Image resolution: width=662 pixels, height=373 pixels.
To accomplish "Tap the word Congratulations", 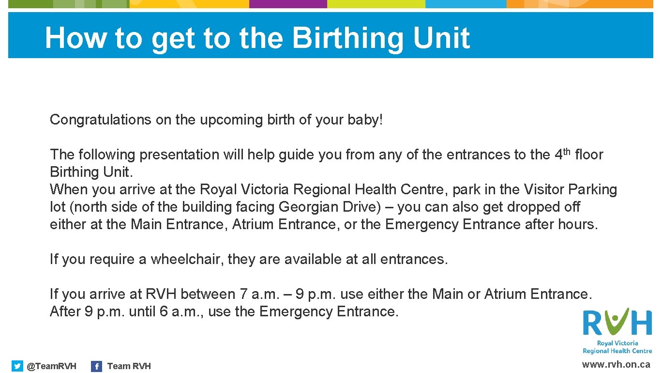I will tap(100, 120).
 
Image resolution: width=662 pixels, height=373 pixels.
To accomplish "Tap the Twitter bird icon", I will tap(17, 366).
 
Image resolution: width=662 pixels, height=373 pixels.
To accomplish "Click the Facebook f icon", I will tap(96, 366).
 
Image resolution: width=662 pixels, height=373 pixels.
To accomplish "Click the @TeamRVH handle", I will tap(51, 366).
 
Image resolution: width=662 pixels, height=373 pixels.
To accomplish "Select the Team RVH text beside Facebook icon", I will tap(129, 366).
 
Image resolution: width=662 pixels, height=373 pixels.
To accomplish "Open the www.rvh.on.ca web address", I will tap(616, 365).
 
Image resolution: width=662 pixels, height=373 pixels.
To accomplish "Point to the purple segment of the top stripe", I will tap(288, 4).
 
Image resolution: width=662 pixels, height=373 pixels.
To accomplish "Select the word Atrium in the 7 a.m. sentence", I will tap(506, 295).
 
